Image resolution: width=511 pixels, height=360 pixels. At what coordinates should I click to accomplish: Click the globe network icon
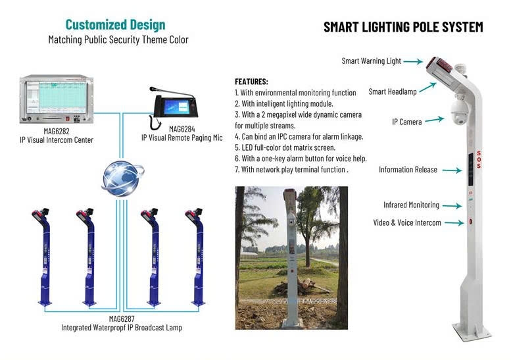pos(122,178)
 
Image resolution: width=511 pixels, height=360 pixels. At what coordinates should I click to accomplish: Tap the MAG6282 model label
pos(57,131)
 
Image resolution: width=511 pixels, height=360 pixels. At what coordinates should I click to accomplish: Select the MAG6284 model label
pos(182,129)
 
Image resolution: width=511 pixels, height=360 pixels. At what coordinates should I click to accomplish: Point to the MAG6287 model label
pos(122,319)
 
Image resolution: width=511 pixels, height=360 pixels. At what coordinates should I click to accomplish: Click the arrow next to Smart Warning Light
pos(413,61)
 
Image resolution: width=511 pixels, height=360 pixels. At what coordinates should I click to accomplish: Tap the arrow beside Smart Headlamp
pos(427,88)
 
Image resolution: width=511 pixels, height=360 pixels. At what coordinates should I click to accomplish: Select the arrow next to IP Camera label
pos(435,119)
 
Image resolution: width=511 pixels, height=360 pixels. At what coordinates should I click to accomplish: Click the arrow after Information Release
pos(452,170)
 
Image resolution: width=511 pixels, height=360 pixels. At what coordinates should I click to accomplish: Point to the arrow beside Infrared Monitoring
pos(452,206)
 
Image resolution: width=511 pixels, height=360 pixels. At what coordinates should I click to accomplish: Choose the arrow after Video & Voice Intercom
pos(454,222)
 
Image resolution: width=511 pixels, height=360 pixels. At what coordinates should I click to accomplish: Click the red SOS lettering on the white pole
pos(478,159)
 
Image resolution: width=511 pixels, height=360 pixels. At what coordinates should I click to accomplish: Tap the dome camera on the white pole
pos(459,113)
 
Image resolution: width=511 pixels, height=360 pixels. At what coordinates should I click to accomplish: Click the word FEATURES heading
pos(251,82)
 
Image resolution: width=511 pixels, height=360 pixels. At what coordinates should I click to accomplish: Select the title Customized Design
pos(115,25)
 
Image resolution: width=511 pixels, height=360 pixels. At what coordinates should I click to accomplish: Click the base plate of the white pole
pos(472,331)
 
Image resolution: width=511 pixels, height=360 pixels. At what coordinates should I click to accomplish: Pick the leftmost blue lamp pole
pos(44,257)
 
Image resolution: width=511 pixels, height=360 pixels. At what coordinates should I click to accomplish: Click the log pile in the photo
pos(301,286)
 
